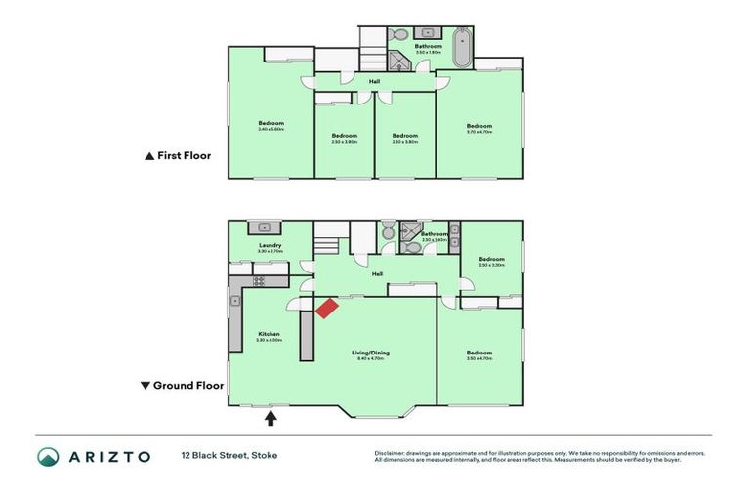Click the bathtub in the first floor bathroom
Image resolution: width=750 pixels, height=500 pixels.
[462, 46]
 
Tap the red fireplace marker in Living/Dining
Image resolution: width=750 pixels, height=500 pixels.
[326, 308]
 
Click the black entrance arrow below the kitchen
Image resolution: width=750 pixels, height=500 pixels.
[271, 418]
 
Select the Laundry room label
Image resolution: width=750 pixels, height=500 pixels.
[271, 245]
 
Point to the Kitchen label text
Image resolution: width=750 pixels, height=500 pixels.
[270, 334]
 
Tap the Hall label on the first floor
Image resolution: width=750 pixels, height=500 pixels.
[374, 81]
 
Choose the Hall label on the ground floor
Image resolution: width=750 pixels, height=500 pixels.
[377, 274]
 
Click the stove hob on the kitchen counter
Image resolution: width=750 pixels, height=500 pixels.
[260, 281]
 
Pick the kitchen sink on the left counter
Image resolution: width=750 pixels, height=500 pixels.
[235, 301]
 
